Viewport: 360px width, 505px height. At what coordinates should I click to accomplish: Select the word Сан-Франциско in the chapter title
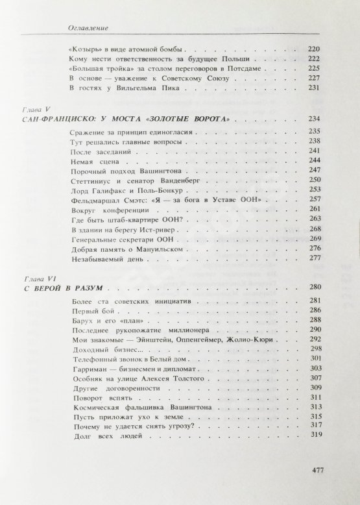click(56, 119)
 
